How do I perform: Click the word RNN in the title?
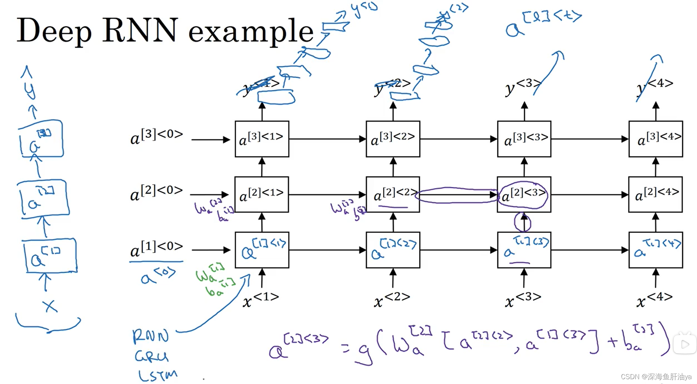click(140, 30)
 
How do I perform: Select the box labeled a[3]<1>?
click(262, 139)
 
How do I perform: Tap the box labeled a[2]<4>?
click(655, 194)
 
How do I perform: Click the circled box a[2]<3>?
click(524, 194)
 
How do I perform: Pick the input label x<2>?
click(392, 299)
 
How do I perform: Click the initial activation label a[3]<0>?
click(156, 137)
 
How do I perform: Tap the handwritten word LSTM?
click(157, 375)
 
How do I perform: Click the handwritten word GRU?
click(151, 357)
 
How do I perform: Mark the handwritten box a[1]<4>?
click(655, 250)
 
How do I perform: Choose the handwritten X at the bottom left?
click(49, 306)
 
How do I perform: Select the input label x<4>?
click(654, 299)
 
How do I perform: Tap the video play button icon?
click(685, 344)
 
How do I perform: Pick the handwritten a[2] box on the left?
click(44, 198)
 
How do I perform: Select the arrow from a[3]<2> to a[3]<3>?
click(458, 139)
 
